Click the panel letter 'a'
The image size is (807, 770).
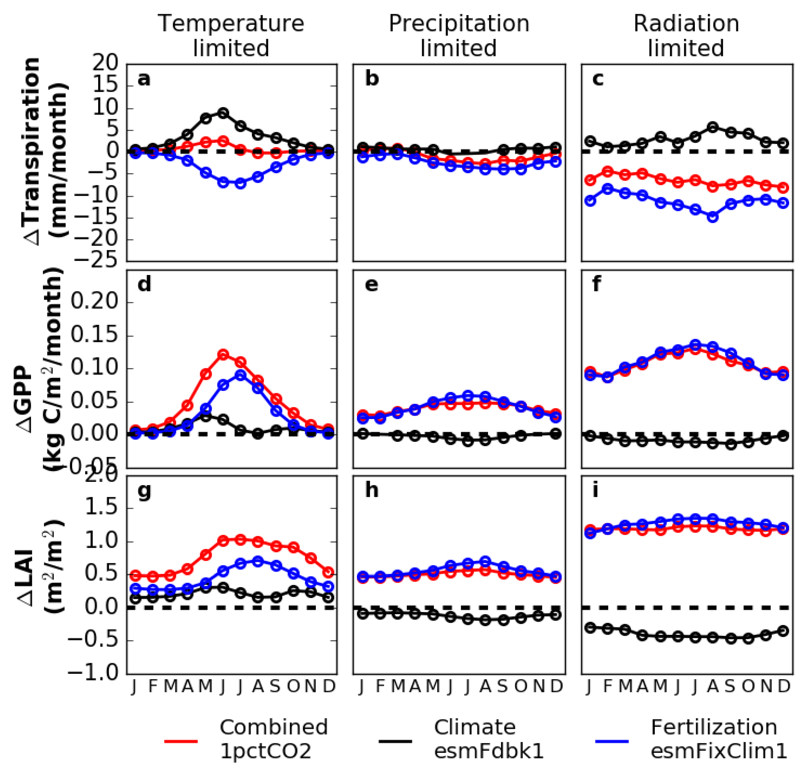pyautogui.click(x=144, y=79)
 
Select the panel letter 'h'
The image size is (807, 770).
pyautogui.click(x=372, y=490)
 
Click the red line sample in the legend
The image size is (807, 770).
pyautogui.click(x=181, y=741)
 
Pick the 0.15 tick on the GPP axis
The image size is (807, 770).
pyautogui.click(x=94, y=335)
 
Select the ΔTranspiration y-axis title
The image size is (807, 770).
pyautogui.click(x=45, y=152)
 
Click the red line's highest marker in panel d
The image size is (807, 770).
pyautogui.click(x=223, y=354)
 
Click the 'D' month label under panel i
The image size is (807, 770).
pyautogui.click(x=783, y=686)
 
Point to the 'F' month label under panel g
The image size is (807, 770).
pyautogui.click(x=152, y=686)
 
